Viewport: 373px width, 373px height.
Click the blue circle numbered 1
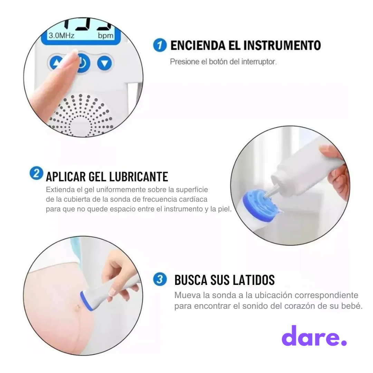(160, 45)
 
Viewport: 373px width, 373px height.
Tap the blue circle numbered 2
(36, 173)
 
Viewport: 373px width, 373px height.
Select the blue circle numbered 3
(160, 279)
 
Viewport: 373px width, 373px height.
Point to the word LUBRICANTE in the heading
(138, 176)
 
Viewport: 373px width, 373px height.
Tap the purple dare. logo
(314, 336)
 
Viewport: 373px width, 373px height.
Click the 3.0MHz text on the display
(61, 36)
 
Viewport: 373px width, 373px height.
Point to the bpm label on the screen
(106, 36)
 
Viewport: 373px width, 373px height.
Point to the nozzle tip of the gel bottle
(267, 194)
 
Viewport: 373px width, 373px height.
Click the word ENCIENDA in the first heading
(198, 45)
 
